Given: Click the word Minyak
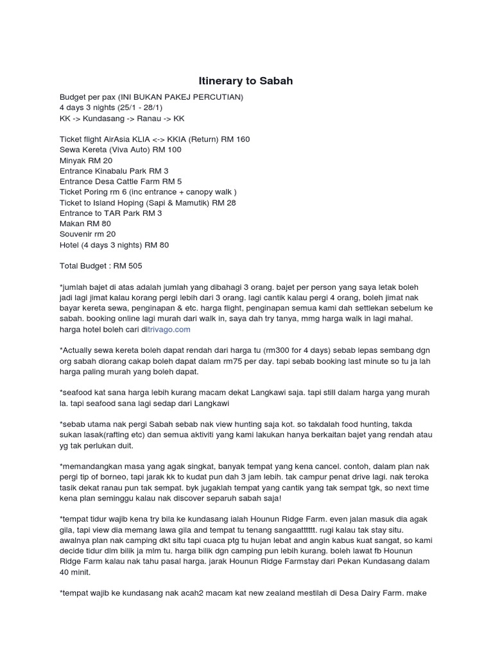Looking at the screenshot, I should pos(74,161).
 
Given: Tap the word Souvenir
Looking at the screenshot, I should pos(77,235).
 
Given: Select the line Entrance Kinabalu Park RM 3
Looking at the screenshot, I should pos(114,171).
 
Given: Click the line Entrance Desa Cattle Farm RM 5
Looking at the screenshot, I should pos(121,182).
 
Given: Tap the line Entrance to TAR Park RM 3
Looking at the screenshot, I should pos(110,213).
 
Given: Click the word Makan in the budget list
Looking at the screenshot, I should pos(72,224).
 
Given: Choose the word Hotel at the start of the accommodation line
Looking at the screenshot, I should pos(69,245).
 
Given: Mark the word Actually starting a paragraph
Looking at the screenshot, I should pos(80,350).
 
